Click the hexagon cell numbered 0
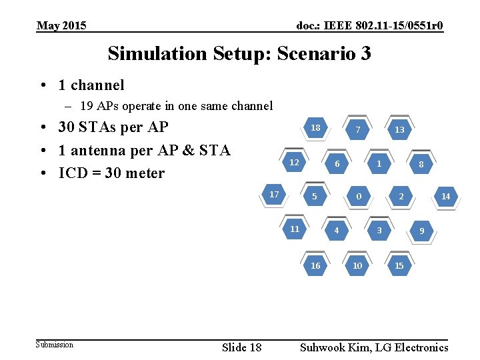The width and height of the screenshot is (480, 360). point(359,197)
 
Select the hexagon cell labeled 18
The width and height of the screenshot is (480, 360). point(315,128)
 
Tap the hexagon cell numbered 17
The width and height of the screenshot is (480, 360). point(274,195)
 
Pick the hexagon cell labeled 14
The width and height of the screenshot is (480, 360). point(445,197)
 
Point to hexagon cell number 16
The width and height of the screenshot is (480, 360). point(315,265)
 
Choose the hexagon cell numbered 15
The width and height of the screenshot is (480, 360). point(399,265)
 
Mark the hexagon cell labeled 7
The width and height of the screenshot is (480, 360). point(358,129)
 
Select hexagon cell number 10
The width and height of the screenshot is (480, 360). point(357,265)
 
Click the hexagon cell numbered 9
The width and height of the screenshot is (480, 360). point(421,231)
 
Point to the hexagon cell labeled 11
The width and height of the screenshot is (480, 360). point(295,229)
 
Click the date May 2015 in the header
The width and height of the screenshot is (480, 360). point(61,26)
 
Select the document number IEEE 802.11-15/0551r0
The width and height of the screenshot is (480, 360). point(369,26)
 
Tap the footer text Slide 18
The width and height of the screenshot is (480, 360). point(241,347)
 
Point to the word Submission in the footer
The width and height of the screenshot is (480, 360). point(55,345)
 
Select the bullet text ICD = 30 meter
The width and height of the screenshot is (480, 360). point(111,173)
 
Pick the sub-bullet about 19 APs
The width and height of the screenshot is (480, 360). point(176,105)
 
